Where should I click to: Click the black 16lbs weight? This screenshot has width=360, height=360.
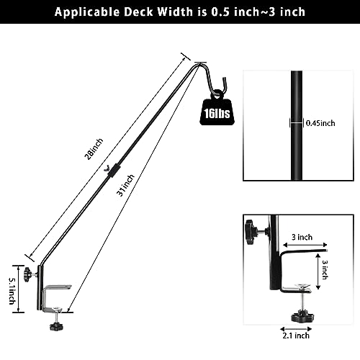click(212, 112)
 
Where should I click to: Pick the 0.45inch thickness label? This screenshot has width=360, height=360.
click(320, 123)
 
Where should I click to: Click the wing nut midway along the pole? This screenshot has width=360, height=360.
click(110, 169)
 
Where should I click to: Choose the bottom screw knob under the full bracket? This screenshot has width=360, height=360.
click(54, 326)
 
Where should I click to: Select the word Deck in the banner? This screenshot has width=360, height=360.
click(143, 12)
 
